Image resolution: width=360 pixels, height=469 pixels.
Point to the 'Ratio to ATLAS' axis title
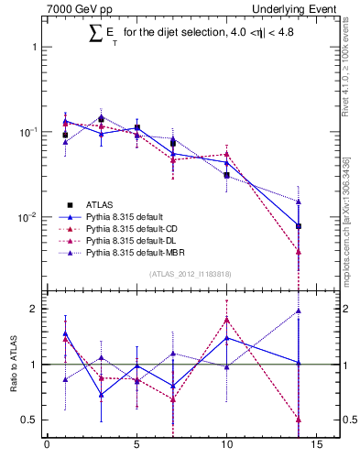13,365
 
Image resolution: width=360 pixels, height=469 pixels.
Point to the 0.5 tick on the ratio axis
30,420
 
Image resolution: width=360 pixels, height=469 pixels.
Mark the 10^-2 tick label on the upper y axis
27,217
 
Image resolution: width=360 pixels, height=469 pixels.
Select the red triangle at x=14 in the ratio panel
299,420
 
